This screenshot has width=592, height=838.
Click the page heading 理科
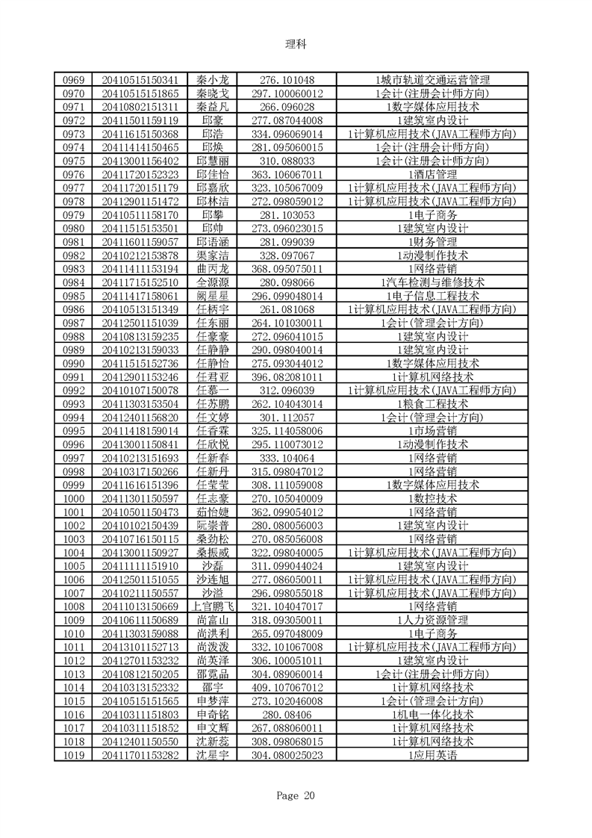(296, 44)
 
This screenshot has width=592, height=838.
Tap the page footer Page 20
(296, 795)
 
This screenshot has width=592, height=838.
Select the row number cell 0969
(73, 80)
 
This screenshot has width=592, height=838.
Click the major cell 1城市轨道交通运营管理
(432, 80)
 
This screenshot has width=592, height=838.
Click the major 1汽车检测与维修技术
(432, 282)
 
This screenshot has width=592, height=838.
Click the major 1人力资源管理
(432, 620)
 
